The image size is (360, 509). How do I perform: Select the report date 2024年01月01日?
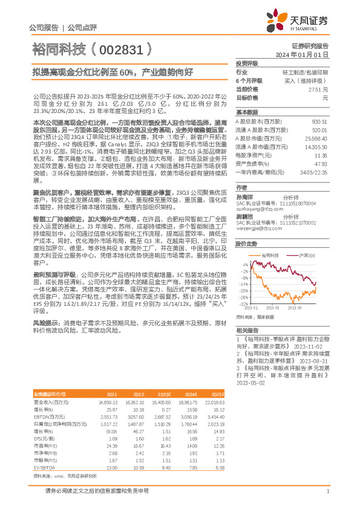coord(310,54)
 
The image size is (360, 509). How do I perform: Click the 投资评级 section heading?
coord(247,63)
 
